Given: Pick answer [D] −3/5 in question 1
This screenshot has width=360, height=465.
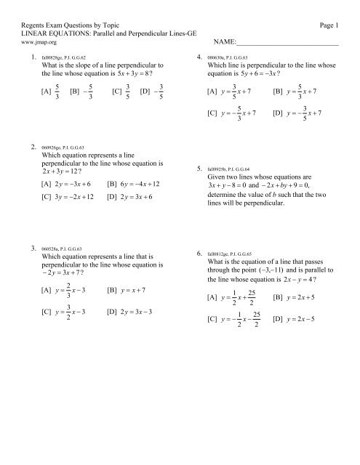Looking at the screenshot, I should coord(152,92).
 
